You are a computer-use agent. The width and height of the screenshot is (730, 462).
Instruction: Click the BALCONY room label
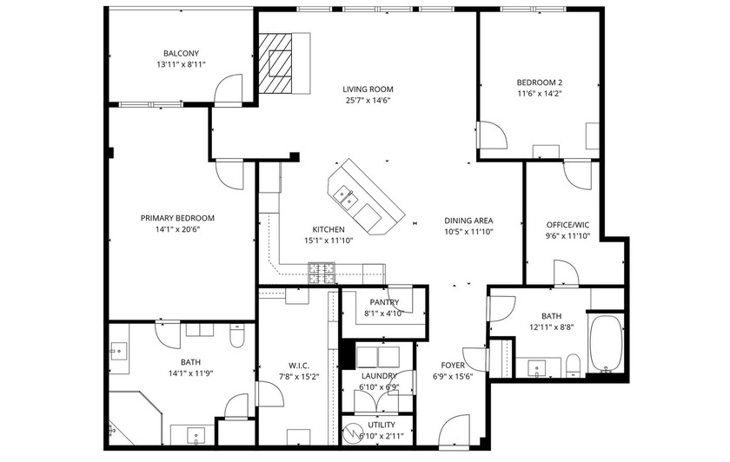(x=181, y=52)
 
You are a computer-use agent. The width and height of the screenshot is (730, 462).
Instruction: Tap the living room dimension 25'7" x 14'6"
(x=368, y=100)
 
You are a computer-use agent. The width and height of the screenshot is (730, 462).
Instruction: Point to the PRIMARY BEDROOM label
(x=177, y=218)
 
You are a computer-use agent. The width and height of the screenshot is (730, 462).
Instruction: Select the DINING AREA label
(x=468, y=221)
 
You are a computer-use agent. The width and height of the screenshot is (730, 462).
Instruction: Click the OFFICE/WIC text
(x=567, y=224)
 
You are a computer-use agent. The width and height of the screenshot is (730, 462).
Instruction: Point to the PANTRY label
(x=383, y=302)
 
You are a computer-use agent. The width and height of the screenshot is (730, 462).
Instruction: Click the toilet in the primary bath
(x=236, y=335)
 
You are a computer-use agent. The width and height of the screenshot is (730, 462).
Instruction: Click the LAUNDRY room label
(x=379, y=375)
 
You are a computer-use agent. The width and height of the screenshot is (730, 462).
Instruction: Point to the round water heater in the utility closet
(x=355, y=432)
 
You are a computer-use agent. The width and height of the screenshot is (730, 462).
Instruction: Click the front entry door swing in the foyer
(x=455, y=431)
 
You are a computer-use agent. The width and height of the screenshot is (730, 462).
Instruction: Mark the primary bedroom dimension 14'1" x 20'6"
(x=177, y=229)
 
